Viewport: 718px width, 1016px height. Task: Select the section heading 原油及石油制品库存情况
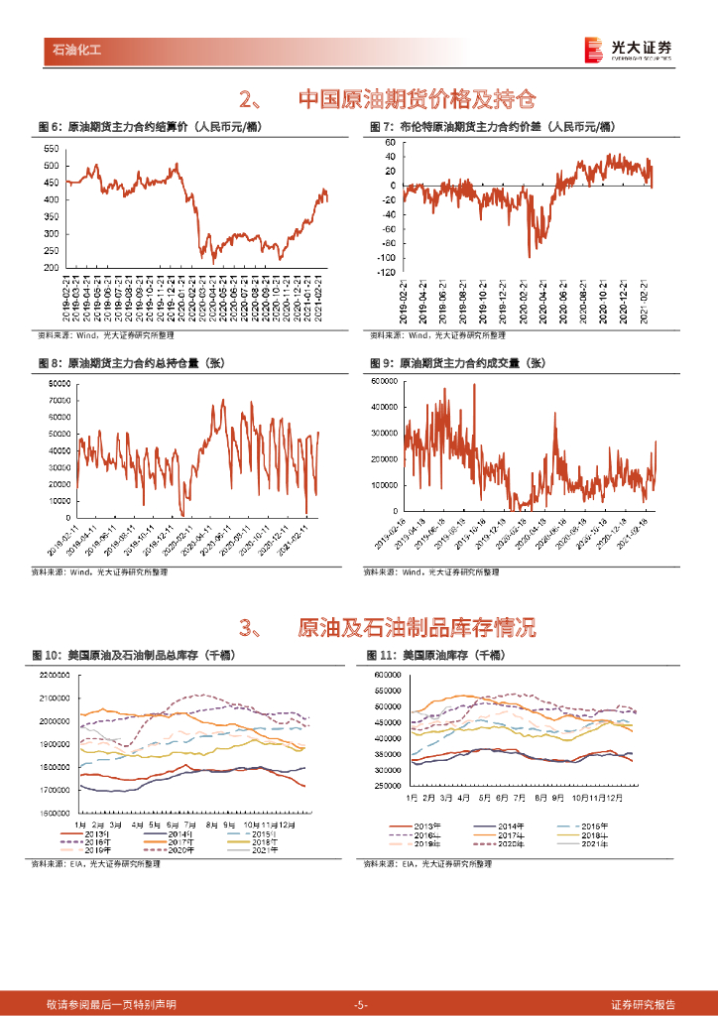[417, 627]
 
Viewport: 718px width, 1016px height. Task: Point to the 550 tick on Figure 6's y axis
[49, 148]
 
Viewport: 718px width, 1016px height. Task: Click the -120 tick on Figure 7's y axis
[386, 272]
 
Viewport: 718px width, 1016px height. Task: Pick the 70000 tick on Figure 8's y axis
[59, 400]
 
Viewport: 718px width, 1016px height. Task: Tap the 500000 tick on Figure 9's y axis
[385, 380]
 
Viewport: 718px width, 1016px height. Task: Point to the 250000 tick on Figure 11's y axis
[389, 786]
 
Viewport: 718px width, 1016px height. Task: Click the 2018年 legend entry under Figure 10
[266, 841]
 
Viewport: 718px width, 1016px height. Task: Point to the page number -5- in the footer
[360, 1005]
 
